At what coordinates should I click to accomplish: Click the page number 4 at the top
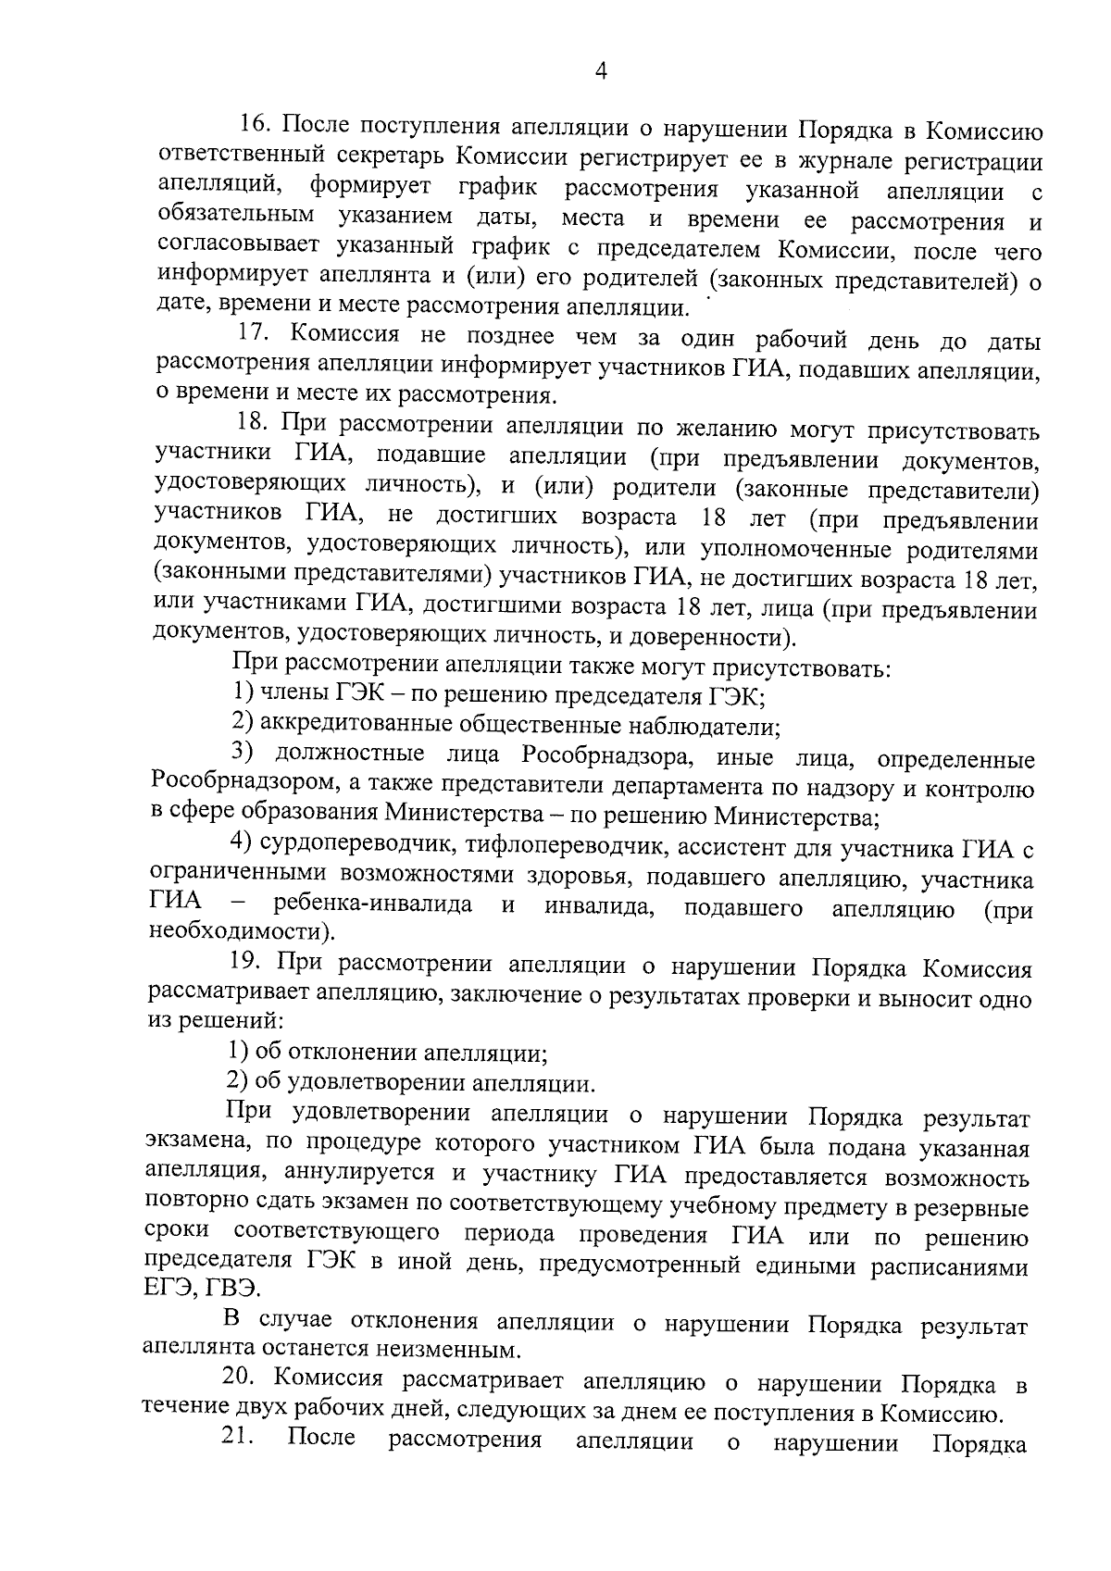(600, 72)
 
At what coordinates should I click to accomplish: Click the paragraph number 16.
(253, 125)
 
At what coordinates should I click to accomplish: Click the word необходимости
(238, 933)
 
